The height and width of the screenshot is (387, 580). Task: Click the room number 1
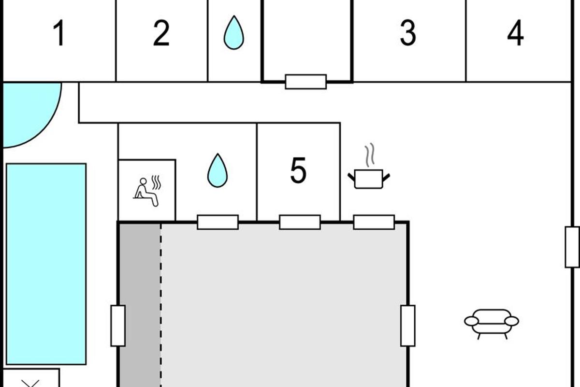click(x=59, y=33)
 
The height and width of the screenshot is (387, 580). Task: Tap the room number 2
click(x=161, y=33)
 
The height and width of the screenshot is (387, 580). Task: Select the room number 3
click(x=408, y=33)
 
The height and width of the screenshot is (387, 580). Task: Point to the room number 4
click(x=515, y=33)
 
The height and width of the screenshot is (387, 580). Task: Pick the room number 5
click(x=298, y=170)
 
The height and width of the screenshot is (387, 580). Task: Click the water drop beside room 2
click(x=234, y=33)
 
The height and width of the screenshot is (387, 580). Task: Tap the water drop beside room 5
click(x=217, y=170)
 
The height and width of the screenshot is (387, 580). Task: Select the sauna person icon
click(x=147, y=191)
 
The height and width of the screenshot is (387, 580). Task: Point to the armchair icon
click(x=492, y=324)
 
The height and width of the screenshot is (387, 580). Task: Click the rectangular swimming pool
click(x=46, y=264)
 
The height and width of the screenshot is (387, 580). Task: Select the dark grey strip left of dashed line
click(x=140, y=305)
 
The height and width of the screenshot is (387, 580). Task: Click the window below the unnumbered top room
click(x=306, y=82)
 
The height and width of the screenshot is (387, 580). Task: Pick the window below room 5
click(x=300, y=222)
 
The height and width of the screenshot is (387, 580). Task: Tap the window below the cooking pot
click(x=374, y=222)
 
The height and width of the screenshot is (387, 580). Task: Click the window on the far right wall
click(x=572, y=247)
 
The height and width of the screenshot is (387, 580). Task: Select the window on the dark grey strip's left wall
click(x=118, y=326)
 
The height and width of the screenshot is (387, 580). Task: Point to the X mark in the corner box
click(x=30, y=383)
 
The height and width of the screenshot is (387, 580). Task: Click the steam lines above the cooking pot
click(x=370, y=155)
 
